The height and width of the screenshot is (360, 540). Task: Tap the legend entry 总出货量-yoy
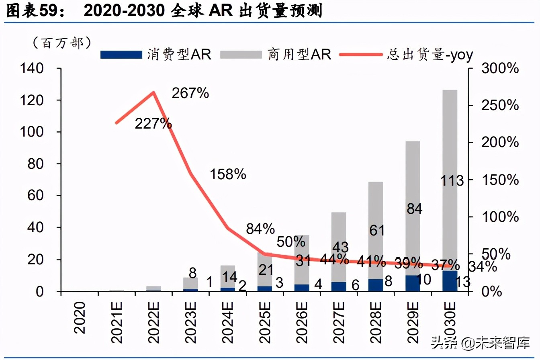click(406, 54)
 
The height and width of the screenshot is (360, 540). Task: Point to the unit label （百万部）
click(61, 42)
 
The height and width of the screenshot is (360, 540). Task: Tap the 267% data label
click(190, 93)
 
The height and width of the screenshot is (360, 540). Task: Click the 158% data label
click(227, 174)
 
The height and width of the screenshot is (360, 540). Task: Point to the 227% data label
click(153, 124)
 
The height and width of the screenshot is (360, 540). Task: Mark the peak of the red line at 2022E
click(153, 92)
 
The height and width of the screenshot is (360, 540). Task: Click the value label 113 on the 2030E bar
click(452, 181)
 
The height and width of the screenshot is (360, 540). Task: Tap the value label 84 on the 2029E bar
click(413, 209)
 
